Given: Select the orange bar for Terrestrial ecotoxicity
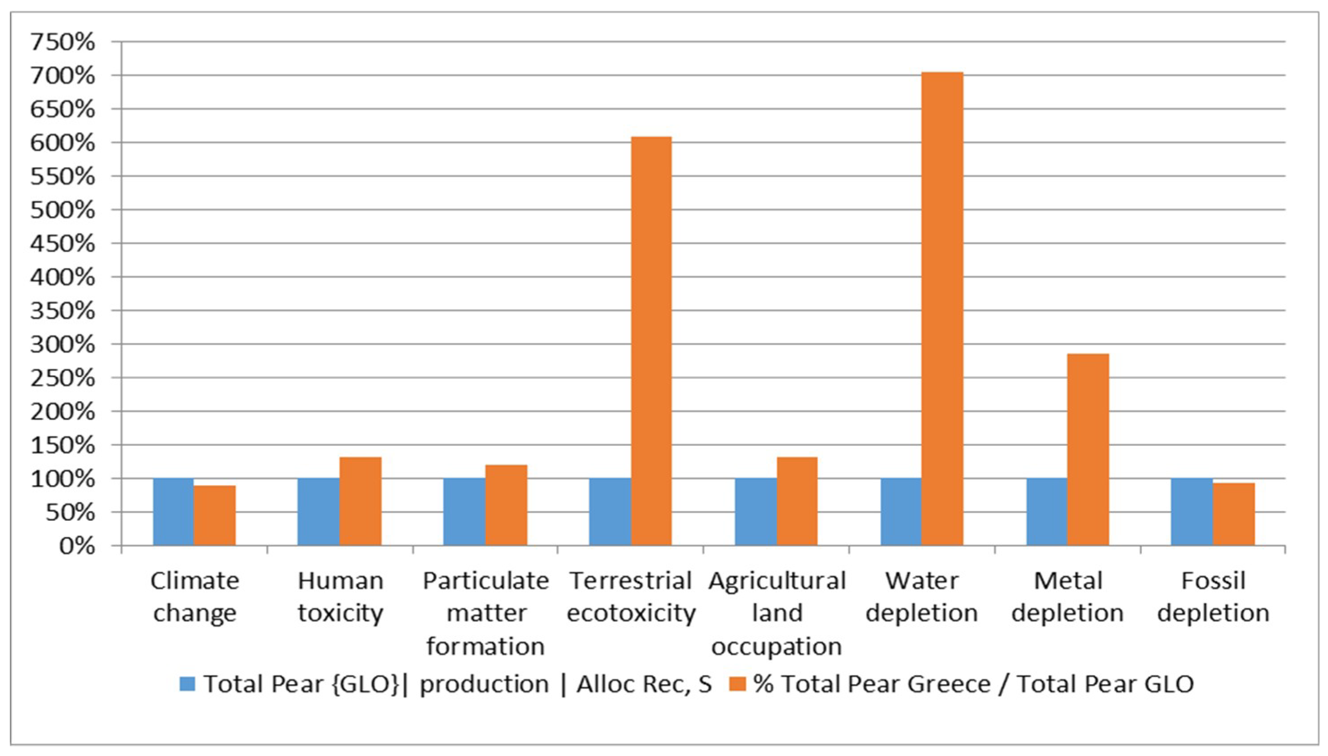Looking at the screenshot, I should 651,341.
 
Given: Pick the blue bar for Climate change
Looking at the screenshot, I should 174,511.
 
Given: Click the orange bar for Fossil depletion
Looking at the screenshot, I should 1233,514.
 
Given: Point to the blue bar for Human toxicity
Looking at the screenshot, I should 318,511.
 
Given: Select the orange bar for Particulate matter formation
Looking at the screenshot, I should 506,505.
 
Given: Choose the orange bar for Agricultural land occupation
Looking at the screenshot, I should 797,501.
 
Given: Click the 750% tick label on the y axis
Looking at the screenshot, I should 63,42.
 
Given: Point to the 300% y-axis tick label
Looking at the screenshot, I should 63,344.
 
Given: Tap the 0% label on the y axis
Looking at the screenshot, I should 77,546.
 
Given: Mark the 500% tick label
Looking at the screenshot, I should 63,210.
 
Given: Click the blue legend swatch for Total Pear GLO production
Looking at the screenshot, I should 187,684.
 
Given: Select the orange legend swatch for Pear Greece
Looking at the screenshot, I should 737,684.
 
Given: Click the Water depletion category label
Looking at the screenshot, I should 921,597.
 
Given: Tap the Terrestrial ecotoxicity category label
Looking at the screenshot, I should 631,597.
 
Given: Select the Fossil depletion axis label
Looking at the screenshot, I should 1213,597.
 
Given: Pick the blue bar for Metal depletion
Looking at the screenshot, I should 1046,511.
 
